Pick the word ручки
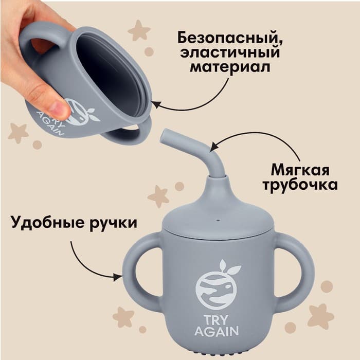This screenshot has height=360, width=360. (x=113, y=224)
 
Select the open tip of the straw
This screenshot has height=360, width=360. (x=166, y=137)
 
